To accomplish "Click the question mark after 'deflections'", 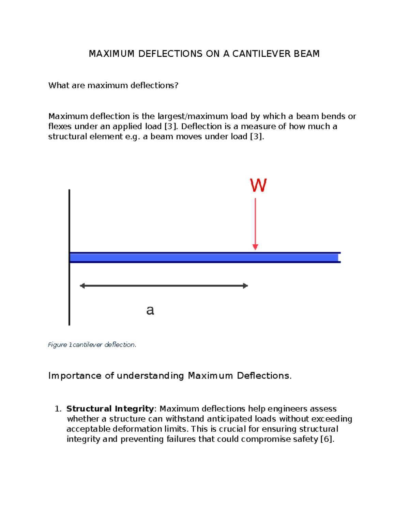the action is (x=176, y=85).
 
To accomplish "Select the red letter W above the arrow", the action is (x=258, y=186).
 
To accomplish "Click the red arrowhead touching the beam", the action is (x=255, y=247).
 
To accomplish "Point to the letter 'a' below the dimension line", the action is (x=150, y=310).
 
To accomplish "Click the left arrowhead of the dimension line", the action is (x=82, y=286).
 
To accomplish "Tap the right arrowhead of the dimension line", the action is (x=245, y=286).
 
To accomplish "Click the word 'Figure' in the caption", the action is (x=57, y=345).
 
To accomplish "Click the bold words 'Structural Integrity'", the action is (x=110, y=409).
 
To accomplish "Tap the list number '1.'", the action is (x=58, y=409).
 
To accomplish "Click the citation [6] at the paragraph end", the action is (x=327, y=439).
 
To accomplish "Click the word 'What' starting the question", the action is (x=59, y=85).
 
